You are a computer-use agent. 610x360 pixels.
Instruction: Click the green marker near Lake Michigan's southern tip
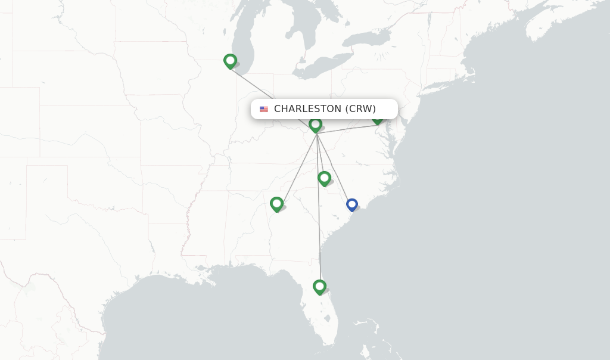pos(230,61)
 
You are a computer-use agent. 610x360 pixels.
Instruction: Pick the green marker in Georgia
pos(276,204)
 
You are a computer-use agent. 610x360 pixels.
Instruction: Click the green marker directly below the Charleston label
pos(316,125)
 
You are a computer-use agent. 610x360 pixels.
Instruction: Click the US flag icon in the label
pos(264,109)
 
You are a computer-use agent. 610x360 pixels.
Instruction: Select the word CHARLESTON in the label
pos(307,109)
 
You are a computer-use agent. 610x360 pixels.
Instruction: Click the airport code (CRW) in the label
pos(360,109)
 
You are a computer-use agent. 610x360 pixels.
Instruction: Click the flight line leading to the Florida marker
pos(319,226)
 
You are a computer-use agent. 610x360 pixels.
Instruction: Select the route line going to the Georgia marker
pos(298,167)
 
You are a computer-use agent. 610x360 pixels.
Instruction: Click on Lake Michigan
pos(245,36)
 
